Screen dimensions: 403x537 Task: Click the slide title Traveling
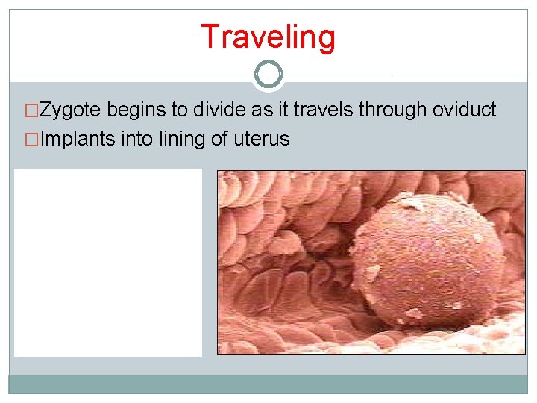(268, 37)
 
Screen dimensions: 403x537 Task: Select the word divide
(216, 110)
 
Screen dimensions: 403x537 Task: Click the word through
(393, 110)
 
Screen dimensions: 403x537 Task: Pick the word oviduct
(465, 110)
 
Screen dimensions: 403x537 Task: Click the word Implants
(78, 139)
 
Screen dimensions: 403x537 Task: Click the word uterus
(262, 139)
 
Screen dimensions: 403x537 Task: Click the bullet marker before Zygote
(31, 111)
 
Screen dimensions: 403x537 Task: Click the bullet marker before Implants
(31, 140)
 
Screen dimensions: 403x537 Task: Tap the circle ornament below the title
(268, 75)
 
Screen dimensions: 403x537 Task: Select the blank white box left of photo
(108, 262)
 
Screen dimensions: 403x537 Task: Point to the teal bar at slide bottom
(268, 384)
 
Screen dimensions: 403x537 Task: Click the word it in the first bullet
(281, 110)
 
